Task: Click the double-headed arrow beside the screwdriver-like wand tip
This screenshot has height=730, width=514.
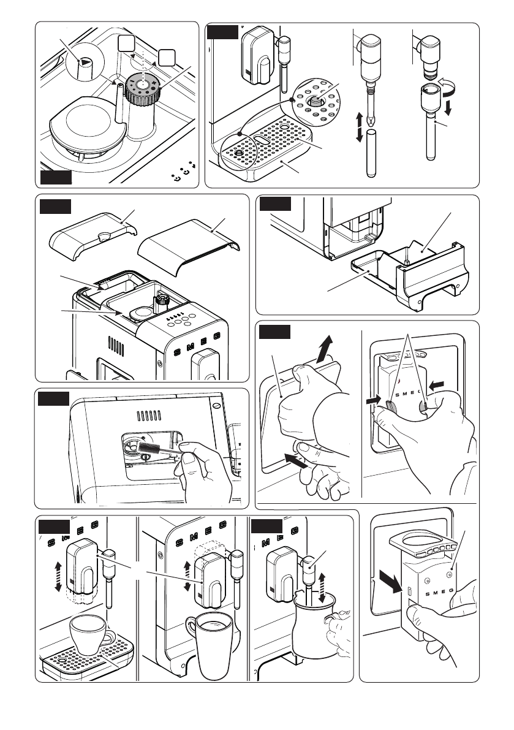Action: click(x=359, y=128)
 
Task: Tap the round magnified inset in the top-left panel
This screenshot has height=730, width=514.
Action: click(x=83, y=61)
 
